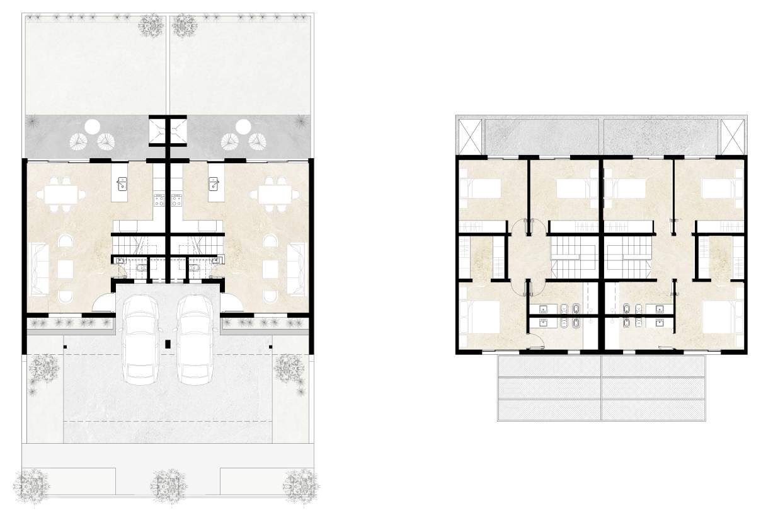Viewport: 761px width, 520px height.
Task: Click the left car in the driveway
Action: pos(142,340)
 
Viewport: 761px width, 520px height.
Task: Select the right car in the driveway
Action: pos(195,340)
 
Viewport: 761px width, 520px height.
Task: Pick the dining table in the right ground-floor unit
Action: pos(275,194)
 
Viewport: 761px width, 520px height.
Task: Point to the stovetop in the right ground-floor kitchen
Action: pos(176,200)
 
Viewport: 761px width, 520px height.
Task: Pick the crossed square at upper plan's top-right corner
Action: pos(733,135)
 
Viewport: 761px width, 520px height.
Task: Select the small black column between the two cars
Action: pos(168,344)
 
